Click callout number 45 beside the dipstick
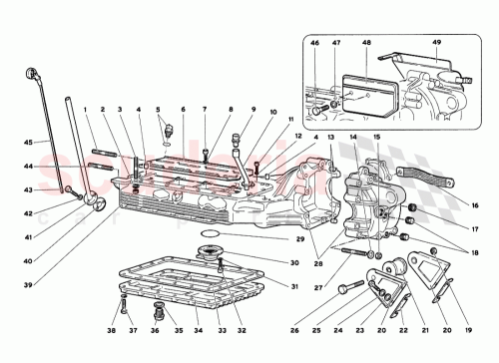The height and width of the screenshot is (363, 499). [29, 142]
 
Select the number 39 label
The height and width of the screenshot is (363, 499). [29, 257]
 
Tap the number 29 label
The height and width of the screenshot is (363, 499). [297, 239]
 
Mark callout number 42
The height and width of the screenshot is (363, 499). [29, 212]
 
